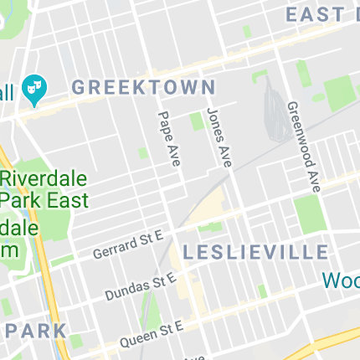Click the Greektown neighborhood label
click(143, 86)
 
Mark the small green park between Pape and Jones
click(197, 121)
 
